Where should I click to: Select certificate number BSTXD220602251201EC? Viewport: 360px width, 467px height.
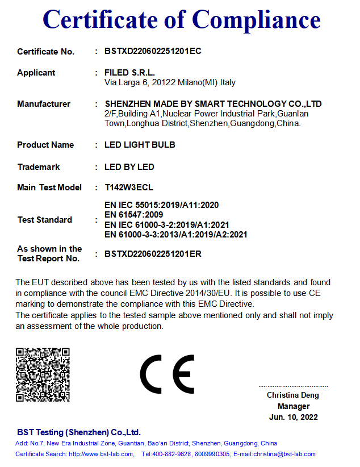(153, 51)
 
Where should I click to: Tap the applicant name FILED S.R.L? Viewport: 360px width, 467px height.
(129, 72)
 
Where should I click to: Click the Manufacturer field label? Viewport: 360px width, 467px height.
(44, 104)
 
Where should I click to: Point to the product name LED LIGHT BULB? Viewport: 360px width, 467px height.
(140, 145)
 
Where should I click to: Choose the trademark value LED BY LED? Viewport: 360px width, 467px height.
(129, 167)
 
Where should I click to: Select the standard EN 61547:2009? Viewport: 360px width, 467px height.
(134, 215)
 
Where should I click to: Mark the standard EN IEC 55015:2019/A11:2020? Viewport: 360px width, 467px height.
(162, 205)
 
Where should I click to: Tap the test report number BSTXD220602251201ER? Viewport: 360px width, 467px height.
(153, 254)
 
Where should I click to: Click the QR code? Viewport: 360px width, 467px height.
(43, 375)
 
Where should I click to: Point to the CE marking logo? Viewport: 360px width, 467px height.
(167, 374)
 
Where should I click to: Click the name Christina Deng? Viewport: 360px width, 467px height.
(293, 395)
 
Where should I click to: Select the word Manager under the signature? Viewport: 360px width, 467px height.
(294, 406)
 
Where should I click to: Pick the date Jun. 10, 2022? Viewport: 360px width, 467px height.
(294, 417)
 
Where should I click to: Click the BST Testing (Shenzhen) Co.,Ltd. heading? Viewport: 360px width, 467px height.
(78, 432)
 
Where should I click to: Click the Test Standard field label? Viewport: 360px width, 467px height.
(45, 220)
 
